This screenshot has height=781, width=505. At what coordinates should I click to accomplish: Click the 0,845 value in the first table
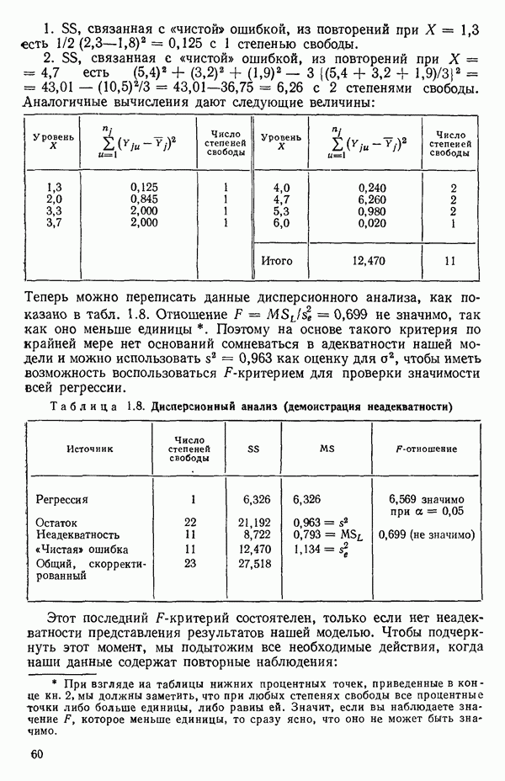pos(146,200)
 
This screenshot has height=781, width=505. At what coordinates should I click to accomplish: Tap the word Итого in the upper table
pos(277,261)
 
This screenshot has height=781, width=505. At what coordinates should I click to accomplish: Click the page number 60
pos(35,754)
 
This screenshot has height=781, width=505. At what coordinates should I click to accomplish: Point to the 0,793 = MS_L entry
pos(321,534)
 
